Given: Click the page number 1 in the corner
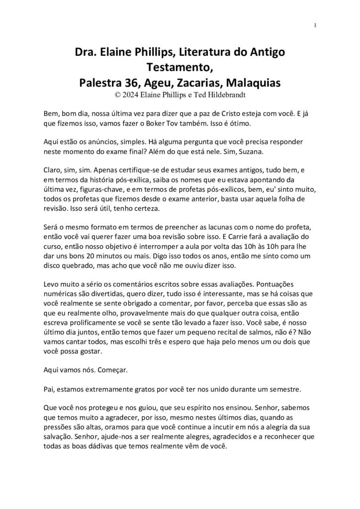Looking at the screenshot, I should (x=316, y=26).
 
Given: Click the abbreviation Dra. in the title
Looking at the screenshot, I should (x=85, y=53).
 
